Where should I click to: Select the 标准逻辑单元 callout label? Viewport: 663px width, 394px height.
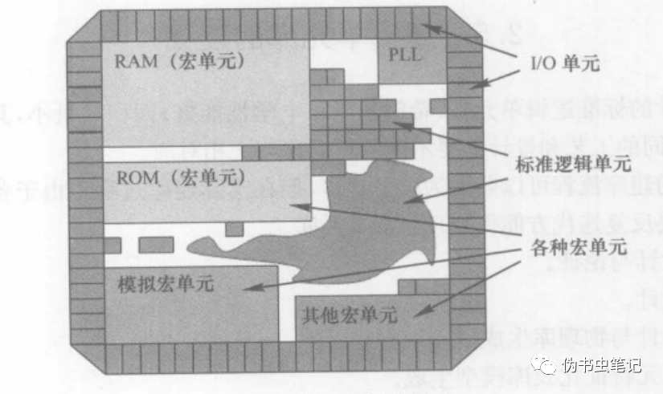coord(571,162)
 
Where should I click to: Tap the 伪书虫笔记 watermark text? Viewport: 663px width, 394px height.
coord(602,366)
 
